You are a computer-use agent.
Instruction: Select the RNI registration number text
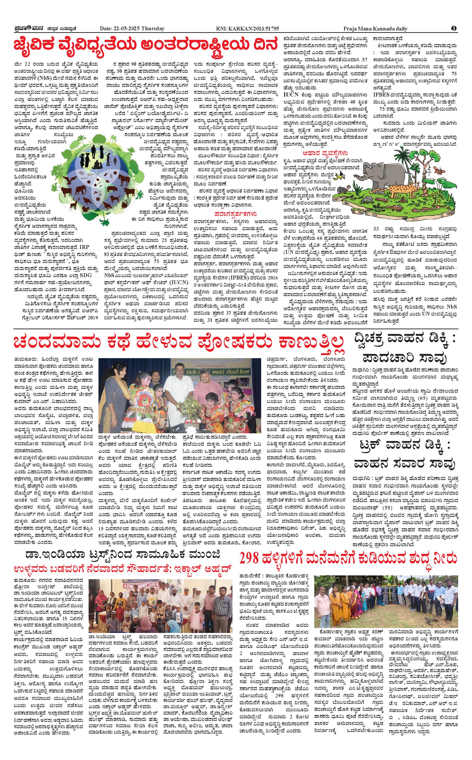click(248, 29)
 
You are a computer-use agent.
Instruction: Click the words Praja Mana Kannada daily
click(375, 29)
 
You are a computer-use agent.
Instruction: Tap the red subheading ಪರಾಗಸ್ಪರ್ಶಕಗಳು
click(236, 214)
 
